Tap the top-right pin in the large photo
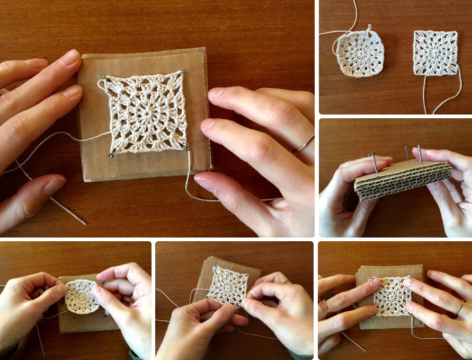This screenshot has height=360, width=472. point(183,71)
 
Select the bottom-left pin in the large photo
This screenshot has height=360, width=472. point(110,155)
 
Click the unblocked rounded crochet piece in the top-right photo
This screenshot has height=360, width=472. point(360,54)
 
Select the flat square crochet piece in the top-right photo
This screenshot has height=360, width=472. point(435,52)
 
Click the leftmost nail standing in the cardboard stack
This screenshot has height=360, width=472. point(373,162)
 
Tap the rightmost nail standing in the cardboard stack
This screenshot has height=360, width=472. point(420,154)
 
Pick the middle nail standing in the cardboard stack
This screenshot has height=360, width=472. point(406,153)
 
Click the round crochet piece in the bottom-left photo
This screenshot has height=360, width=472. point(81,296)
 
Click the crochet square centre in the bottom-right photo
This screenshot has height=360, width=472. point(392,295)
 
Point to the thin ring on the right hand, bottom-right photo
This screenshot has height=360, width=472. point(459,306)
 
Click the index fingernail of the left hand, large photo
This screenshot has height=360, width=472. point(71,57)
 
